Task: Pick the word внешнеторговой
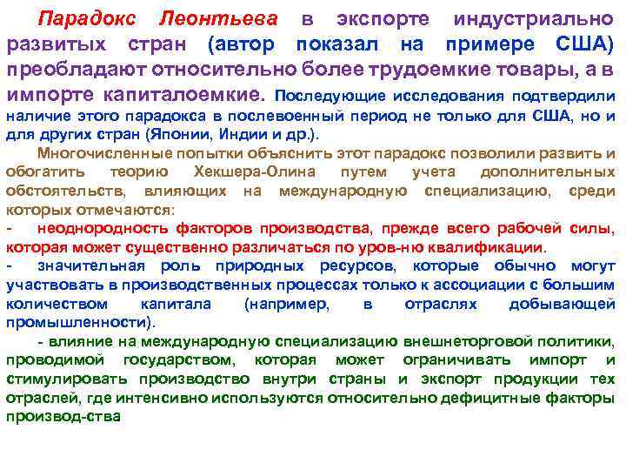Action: [396, 341]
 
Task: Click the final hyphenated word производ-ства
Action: [63, 417]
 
